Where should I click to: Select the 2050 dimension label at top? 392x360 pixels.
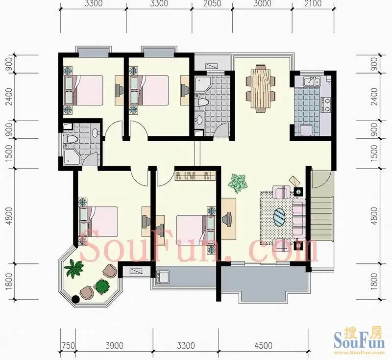(x=212, y=3)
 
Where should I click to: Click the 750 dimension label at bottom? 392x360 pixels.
(x=68, y=346)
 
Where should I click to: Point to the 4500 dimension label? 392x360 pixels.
(x=263, y=346)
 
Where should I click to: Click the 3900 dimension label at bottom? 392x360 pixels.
(x=114, y=346)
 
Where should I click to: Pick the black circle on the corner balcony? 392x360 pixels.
(x=75, y=299)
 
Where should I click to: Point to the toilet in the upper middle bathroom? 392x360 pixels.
(x=202, y=103)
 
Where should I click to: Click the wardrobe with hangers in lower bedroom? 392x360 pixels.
(x=195, y=176)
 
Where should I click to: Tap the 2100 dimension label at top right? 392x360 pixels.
(x=313, y=3)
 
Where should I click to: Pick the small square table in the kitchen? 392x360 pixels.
(x=305, y=130)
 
